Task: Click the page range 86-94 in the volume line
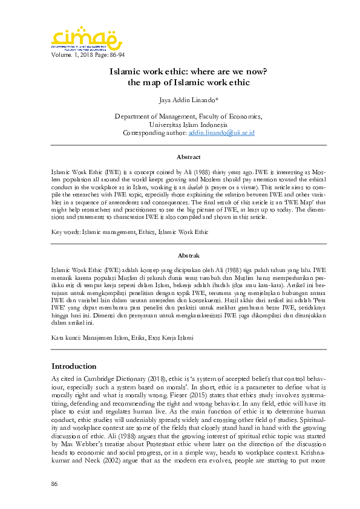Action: (115, 55)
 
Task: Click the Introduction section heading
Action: (74, 366)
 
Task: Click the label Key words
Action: (65, 232)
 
